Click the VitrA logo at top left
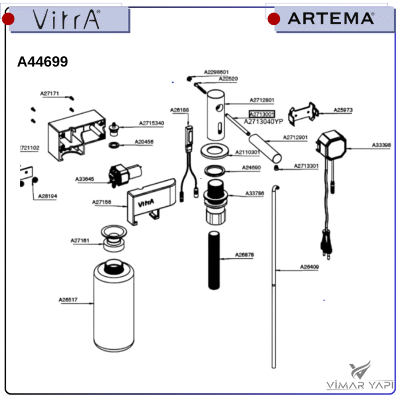pos(66,20)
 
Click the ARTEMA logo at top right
pos(330,18)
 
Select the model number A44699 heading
pos(42,62)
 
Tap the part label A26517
pos(68,300)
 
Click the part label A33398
pos(381,145)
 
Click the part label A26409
pos(310,267)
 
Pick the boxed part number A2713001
pos(261,114)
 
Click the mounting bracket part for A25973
pos(303,113)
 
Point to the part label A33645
pos(84,179)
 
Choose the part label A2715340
pos(151,123)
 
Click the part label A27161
pos(80,241)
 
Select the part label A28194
pos(48,196)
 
